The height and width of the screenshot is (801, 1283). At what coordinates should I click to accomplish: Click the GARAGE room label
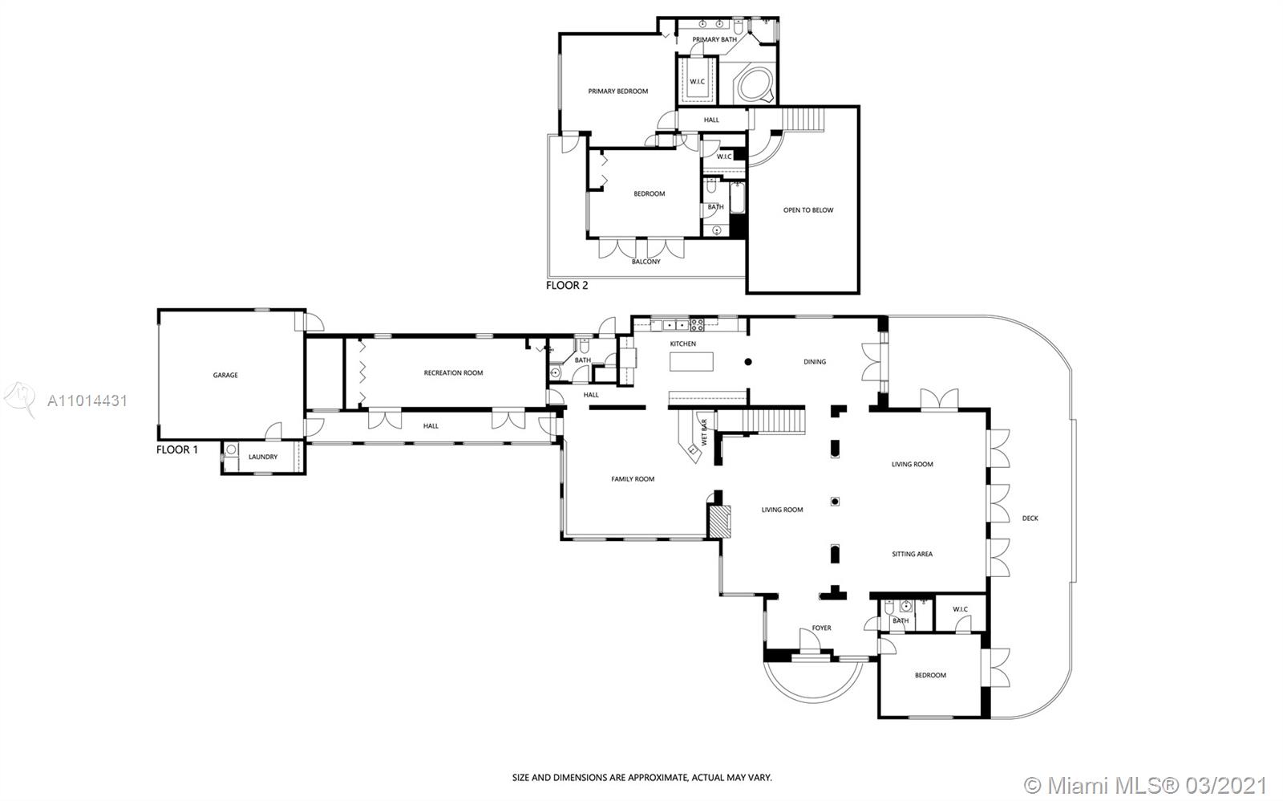point(225,375)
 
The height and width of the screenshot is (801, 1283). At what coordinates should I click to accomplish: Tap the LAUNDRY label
point(263,457)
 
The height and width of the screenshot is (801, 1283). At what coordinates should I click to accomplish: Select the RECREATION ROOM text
point(453,372)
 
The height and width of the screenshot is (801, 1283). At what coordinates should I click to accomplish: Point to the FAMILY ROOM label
point(633,479)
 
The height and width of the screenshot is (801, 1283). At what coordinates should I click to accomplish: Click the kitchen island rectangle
point(691,362)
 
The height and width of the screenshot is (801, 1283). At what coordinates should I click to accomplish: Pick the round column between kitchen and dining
point(748,362)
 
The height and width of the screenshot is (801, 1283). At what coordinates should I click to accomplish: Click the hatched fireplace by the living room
point(720,521)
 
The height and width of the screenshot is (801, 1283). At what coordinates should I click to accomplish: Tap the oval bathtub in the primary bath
point(755,85)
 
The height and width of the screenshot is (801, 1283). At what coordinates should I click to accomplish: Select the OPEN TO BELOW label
point(808,209)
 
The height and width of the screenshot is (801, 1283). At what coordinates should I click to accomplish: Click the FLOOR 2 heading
point(566,285)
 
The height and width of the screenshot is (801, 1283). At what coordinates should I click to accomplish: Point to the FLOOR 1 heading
point(177,449)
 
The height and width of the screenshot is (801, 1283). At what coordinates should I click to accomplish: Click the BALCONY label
point(646,262)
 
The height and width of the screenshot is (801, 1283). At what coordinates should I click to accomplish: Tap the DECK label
point(1030,518)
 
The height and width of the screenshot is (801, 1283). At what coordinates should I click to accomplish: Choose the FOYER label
point(821,628)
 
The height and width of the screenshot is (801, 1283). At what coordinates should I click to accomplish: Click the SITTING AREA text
point(912,554)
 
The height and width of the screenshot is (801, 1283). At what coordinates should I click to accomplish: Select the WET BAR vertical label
point(705,433)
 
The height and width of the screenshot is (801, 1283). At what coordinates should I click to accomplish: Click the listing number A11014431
point(87,400)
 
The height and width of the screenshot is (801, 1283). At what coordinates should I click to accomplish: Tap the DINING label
point(815,362)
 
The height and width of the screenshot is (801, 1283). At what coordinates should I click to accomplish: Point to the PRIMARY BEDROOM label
point(618,91)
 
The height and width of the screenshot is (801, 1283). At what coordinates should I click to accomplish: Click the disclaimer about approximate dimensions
point(641,778)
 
